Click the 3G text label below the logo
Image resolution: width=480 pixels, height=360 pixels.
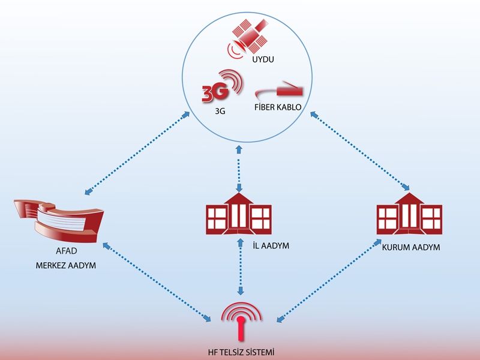pyautogui.click(x=220, y=112)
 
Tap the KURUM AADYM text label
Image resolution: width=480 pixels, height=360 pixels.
pyautogui.click(x=411, y=247)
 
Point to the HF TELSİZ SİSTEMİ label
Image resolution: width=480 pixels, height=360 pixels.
pyautogui.click(x=241, y=352)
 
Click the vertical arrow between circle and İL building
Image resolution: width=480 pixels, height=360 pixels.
pyautogui.click(x=240, y=167)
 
